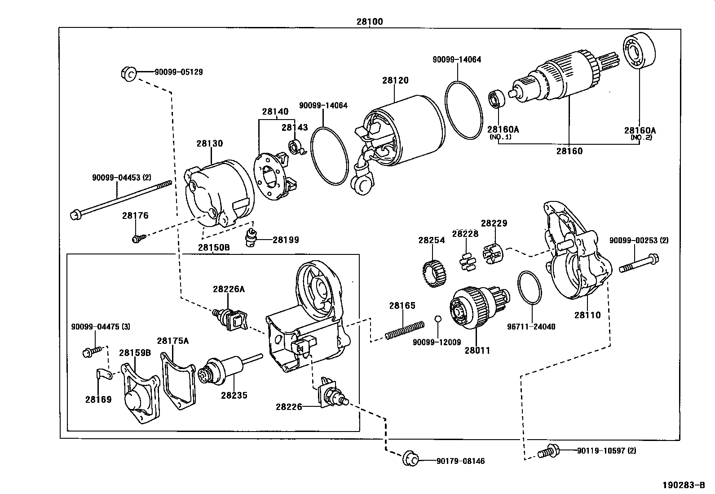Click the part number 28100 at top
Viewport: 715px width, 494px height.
pyautogui.click(x=370, y=21)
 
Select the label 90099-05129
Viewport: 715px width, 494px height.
pyautogui.click(x=178, y=72)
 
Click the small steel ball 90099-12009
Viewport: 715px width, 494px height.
pyautogui.click(x=438, y=319)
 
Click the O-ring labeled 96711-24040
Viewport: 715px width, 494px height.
pyautogui.click(x=530, y=288)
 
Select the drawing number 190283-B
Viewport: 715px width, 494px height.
pyautogui.click(x=684, y=485)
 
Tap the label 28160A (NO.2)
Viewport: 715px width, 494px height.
pyautogui.click(x=640, y=133)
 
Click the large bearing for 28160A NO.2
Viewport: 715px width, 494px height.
pyautogui.click(x=639, y=52)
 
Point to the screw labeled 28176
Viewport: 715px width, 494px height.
pyautogui.click(x=137, y=238)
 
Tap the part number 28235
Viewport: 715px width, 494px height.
pyautogui.click(x=234, y=396)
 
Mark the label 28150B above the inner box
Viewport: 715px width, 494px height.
pyautogui.click(x=214, y=248)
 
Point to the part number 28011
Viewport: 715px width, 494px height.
pyautogui.click(x=477, y=350)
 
